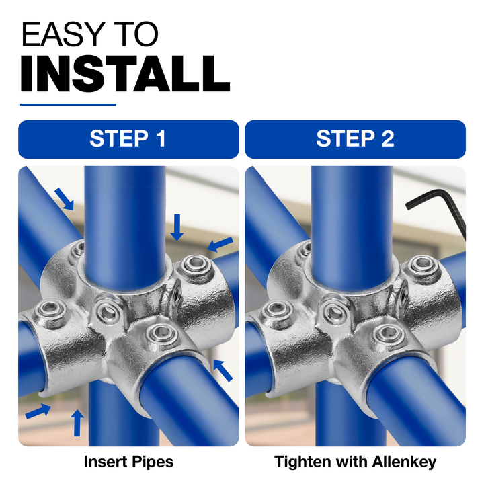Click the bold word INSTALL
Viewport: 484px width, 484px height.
pos(125,74)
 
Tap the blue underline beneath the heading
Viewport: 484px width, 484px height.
pos(68,105)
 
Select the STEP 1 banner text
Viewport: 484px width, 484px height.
pos(128,138)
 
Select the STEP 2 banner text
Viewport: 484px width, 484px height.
pos(356,138)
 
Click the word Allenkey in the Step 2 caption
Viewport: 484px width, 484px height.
pos(405,462)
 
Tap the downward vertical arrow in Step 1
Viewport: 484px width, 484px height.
pos(177,227)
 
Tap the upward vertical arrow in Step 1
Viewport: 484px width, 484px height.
pos(77,423)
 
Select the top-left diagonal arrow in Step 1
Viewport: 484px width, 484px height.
pos(65,200)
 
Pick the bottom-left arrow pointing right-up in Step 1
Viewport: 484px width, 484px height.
pos(38,411)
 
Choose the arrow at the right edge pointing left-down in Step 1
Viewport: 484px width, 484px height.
pos(220,244)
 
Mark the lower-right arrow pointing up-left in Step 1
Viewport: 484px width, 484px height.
pos(223,370)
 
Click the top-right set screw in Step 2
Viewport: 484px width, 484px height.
pos(422,266)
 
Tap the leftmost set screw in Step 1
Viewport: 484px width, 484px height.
pos(50,310)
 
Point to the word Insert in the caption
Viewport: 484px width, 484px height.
pos(106,462)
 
